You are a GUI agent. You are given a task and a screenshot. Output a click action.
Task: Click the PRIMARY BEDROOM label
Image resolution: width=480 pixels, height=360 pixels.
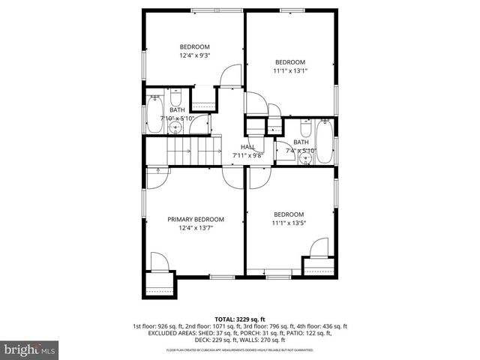(196, 219)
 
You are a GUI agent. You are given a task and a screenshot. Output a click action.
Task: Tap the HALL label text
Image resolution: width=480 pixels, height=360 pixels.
(248, 147)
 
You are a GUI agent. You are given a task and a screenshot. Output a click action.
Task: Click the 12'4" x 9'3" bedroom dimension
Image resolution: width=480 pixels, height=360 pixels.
(193, 55)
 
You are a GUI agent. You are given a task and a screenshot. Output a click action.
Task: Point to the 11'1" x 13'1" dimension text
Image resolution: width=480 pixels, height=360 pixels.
(289, 70)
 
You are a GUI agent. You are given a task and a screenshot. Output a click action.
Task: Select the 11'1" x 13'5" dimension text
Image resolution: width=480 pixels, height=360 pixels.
(289, 223)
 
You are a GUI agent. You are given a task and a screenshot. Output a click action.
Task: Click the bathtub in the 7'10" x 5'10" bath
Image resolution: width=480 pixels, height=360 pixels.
(153, 112)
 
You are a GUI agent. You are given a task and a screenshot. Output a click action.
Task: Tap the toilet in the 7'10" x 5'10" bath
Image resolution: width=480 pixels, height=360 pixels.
(176, 99)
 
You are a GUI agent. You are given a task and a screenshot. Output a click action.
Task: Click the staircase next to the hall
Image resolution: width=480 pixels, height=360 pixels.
(189, 153)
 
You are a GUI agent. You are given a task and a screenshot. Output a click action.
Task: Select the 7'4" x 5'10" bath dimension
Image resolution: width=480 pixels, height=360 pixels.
(301, 151)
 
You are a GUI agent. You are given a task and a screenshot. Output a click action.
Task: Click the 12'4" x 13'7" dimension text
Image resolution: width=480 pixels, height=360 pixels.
(196, 228)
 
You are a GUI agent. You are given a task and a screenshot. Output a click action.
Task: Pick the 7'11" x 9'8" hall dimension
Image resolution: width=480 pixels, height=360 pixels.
(248, 155)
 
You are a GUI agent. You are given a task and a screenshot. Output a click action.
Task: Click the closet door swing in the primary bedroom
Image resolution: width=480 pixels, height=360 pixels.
(159, 262)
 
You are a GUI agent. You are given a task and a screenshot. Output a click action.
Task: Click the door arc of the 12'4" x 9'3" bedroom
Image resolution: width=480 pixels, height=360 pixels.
(230, 75)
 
